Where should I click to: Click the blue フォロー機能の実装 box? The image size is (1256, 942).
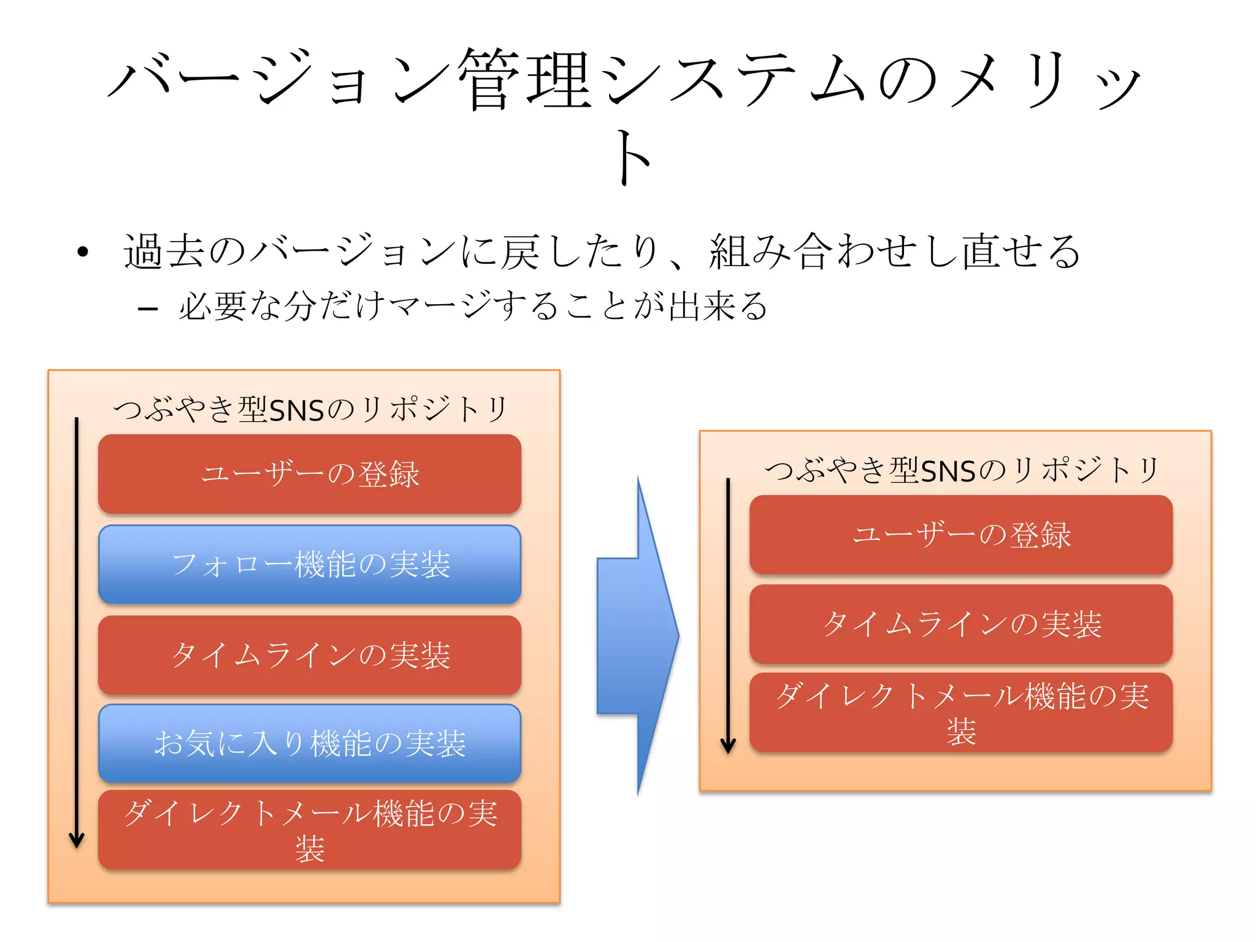coord(310,564)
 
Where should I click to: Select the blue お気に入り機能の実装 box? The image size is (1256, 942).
coord(310,743)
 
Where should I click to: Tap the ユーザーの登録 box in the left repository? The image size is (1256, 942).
coord(310,474)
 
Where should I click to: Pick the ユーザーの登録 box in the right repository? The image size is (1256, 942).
coord(961,535)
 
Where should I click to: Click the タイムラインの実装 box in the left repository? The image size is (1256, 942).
coord(310,655)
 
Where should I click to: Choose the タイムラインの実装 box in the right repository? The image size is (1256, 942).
coord(961,624)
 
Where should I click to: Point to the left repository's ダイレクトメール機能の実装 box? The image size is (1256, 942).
coord(310,830)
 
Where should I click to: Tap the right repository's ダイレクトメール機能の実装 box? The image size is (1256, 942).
coord(961,713)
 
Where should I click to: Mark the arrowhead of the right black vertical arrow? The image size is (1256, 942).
coord(728,745)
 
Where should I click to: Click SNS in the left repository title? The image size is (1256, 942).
coord(296,410)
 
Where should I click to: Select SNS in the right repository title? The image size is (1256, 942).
coord(948,471)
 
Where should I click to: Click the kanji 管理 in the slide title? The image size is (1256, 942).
coord(524,80)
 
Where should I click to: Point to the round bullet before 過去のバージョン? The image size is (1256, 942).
coord(83,251)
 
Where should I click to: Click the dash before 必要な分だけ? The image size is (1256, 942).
coord(148,308)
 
